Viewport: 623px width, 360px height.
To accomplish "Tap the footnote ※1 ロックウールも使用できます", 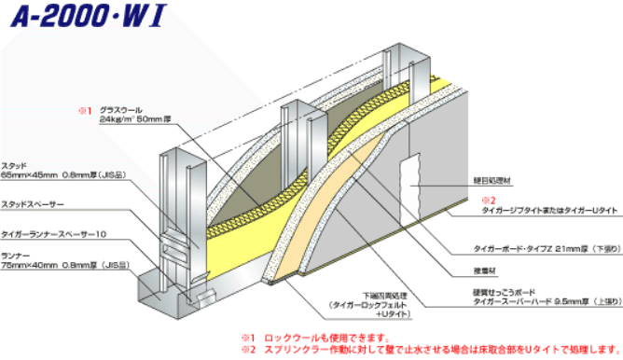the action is point(307,337).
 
